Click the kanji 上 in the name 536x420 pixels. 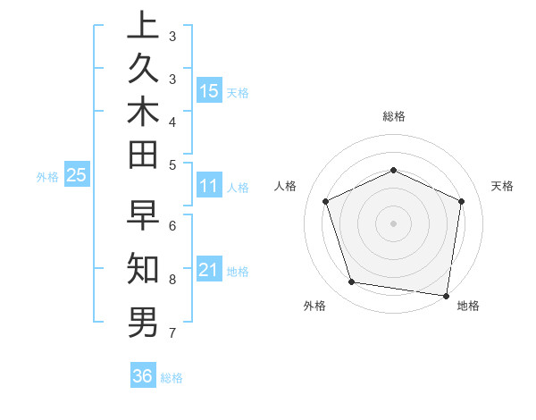[143, 25]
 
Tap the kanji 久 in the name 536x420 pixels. [143, 68]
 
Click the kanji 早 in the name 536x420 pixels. [143, 217]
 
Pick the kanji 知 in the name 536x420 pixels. [143, 267]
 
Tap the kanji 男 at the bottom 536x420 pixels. [143, 321]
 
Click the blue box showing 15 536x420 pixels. [209, 91]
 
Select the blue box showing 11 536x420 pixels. [209, 186]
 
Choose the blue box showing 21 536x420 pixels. [209, 270]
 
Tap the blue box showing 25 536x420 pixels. [77, 175]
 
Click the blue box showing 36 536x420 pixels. [143, 376]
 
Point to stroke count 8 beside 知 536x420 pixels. [172, 279]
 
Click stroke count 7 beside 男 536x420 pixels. [172, 333]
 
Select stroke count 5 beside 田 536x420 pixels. [172, 164]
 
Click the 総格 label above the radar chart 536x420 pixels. [394, 116]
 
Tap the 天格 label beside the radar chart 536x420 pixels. [502, 186]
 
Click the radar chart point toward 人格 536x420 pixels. [326, 201]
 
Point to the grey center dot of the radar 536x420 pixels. [394, 223]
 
